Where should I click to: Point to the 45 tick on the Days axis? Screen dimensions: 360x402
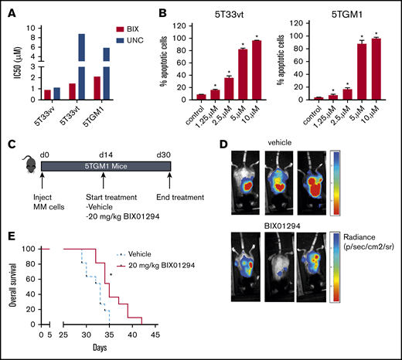point(155,336)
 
